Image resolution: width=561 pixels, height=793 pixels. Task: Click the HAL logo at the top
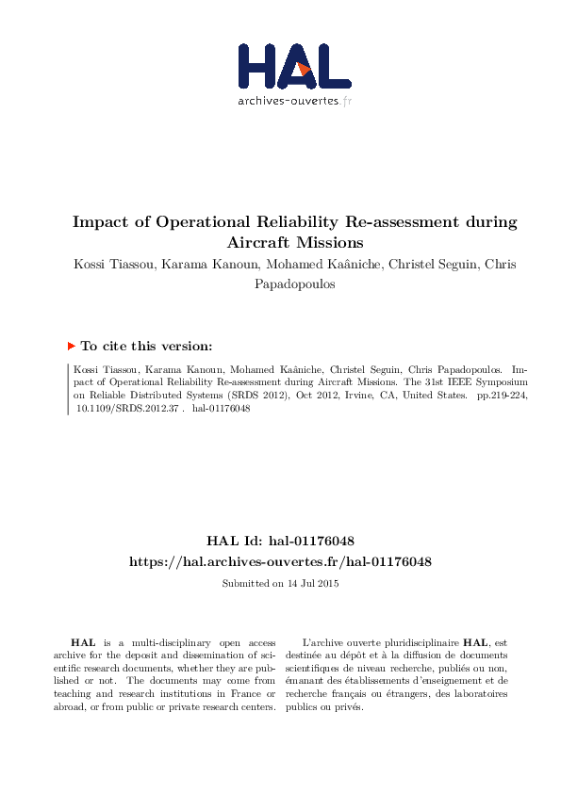pos(294,65)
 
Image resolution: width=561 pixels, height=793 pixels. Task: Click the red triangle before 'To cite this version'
pos(72,346)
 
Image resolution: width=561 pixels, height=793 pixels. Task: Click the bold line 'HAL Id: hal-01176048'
pos(280,541)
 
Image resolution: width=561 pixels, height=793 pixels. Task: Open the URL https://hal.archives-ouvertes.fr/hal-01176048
pos(280,561)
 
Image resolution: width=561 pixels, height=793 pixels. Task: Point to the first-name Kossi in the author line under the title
pos(91,263)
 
